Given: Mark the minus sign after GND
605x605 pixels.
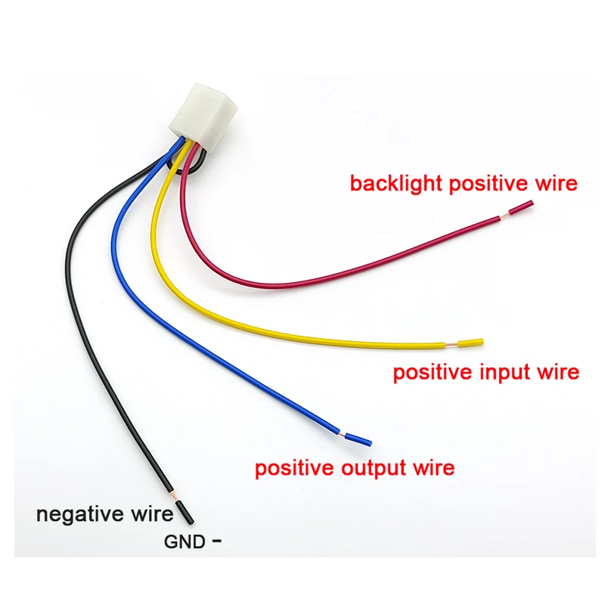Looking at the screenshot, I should coord(218,541).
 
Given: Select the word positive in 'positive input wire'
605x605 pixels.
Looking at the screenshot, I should coord(434,372).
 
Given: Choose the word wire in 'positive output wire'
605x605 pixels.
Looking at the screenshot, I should coord(435,467).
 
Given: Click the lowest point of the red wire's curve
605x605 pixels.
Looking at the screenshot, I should coord(272,285).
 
